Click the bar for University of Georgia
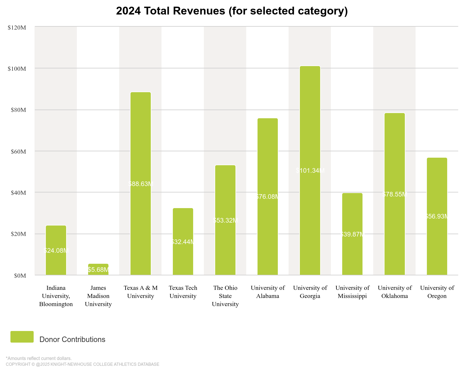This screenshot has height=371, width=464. pyautogui.click(x=310, y=170)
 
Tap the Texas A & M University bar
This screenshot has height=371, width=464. pyautogui.click(x=141, y=183)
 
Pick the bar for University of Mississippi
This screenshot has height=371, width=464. pyautogui.click(x=352, y=234)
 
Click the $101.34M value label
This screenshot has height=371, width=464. pyautogui.click(x=310, y=170)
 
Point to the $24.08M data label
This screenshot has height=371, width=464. pyautogui.click(x=56, y=250)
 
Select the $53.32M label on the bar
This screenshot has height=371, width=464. pyautogui.click(x=225, y=220)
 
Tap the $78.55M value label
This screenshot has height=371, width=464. pyautogui.click(x=395, y=194)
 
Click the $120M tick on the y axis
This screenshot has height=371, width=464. pyautogui.click(x=17, y=28)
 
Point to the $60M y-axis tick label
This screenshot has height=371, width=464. pyautogui.click(x=18, y=152)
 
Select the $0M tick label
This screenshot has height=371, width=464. pyautogui.click(x=20, y=276)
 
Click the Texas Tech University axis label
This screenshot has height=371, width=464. pyautogui.click(x=183, y=292)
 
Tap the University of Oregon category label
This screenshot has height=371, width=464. pyautogui.click(x=437, y=292)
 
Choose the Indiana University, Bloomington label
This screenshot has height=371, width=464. pyautogui.click(x=56, y=296)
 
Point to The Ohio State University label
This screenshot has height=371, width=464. pyautogui.click(x=225, y=296)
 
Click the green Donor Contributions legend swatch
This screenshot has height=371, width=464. pyautogui.click(x=22, y=337)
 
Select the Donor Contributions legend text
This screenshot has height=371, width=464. pyautogui.click(x=72, y=339)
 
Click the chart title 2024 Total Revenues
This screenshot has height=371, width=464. pyautogui.click(x=232, y=11)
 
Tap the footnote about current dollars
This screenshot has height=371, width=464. pyautogui.click(x=39, y=358)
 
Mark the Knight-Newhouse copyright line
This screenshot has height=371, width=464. pyautogui.click(x=82, y=364)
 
